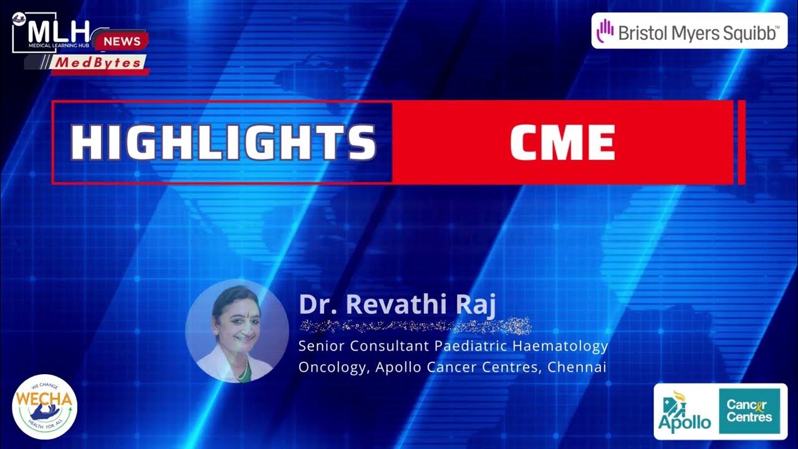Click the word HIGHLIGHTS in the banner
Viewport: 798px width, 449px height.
223,143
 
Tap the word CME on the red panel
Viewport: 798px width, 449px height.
562,143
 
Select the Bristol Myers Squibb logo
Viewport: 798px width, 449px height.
689,31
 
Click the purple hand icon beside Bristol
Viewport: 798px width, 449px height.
605,31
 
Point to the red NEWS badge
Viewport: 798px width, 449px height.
122,42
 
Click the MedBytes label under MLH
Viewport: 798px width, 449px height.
99,63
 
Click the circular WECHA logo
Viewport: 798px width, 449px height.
44,407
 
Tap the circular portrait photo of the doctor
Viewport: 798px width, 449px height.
237,331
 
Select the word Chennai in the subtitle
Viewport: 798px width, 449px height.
577,367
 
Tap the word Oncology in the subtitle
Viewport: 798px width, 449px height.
334,367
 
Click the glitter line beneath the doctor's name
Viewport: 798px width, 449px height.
415,326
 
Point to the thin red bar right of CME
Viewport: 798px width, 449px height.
741,142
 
